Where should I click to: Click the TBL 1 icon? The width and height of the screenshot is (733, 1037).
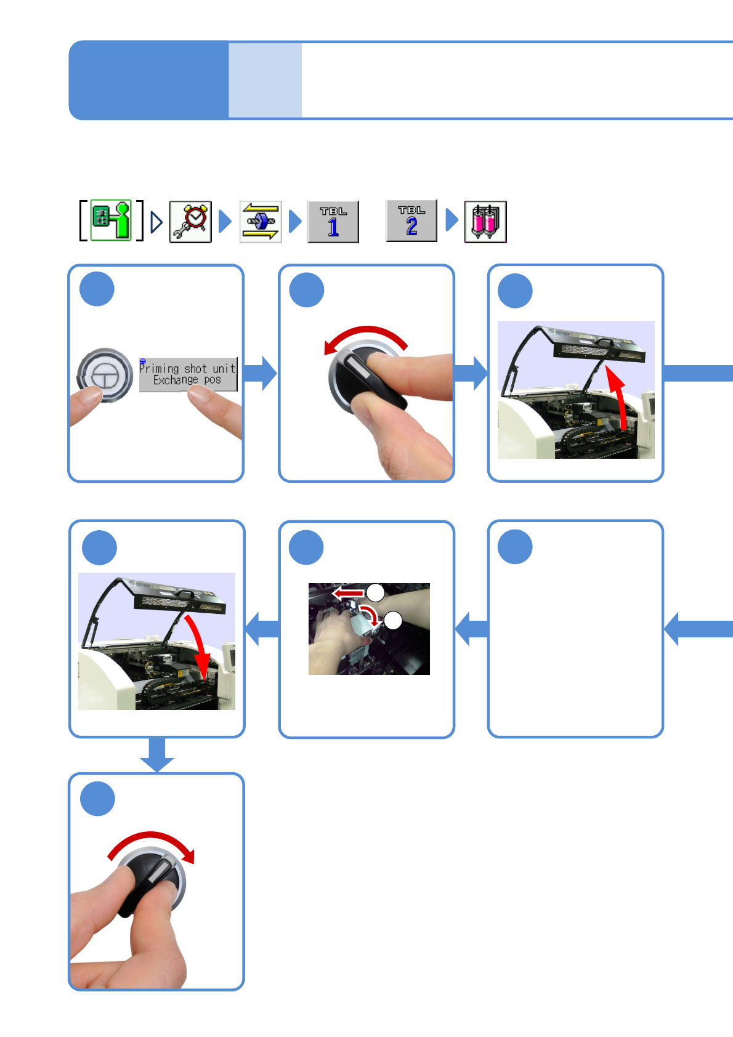(x=333, y=222)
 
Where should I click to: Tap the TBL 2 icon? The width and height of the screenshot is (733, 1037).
(x=411, y=220)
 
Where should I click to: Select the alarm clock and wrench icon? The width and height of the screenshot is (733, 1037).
(x=190, y=222)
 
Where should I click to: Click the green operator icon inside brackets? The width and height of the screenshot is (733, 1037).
(x=111, y=220)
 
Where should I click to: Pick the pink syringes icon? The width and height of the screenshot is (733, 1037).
(x=485, y=222)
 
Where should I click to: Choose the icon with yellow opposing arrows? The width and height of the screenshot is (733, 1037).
(x=261, y=222)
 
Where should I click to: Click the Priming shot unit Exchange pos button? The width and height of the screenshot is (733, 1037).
(x=188, y=374)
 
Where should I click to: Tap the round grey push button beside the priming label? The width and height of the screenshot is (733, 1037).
(x=105, y=374)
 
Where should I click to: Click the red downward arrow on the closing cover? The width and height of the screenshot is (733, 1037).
(x=198, y=647)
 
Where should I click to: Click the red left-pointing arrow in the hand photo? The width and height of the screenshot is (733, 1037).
(x=348, y=593)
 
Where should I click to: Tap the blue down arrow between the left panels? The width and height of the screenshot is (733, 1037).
(x=157, y=755)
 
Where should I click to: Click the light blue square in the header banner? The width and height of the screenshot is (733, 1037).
(x=265, y=80)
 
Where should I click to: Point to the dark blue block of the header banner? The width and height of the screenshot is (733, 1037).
(x=148, y=80)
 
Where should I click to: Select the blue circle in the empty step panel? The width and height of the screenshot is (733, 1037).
(x=515, y=547)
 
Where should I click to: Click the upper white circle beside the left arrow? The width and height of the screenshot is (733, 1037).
(x=376, y=592)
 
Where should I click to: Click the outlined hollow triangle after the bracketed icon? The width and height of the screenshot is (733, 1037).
(x=156, y=222)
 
